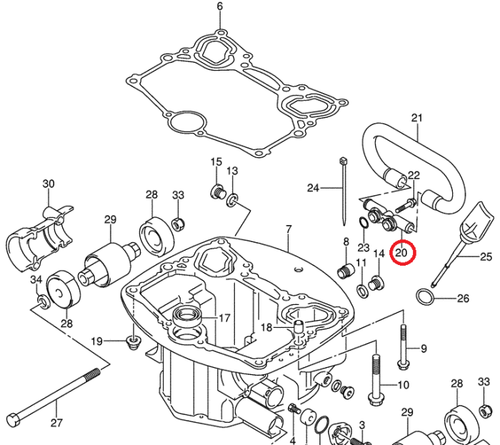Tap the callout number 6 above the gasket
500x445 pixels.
(220, 7)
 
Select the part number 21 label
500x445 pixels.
(418, 118)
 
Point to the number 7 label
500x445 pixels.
(289, 229)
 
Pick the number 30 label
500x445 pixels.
(49, 184)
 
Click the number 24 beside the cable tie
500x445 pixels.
(313, 189)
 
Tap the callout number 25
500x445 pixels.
(486, 256)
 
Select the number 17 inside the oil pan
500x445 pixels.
(224, 319)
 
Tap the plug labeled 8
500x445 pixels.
(346, 271)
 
